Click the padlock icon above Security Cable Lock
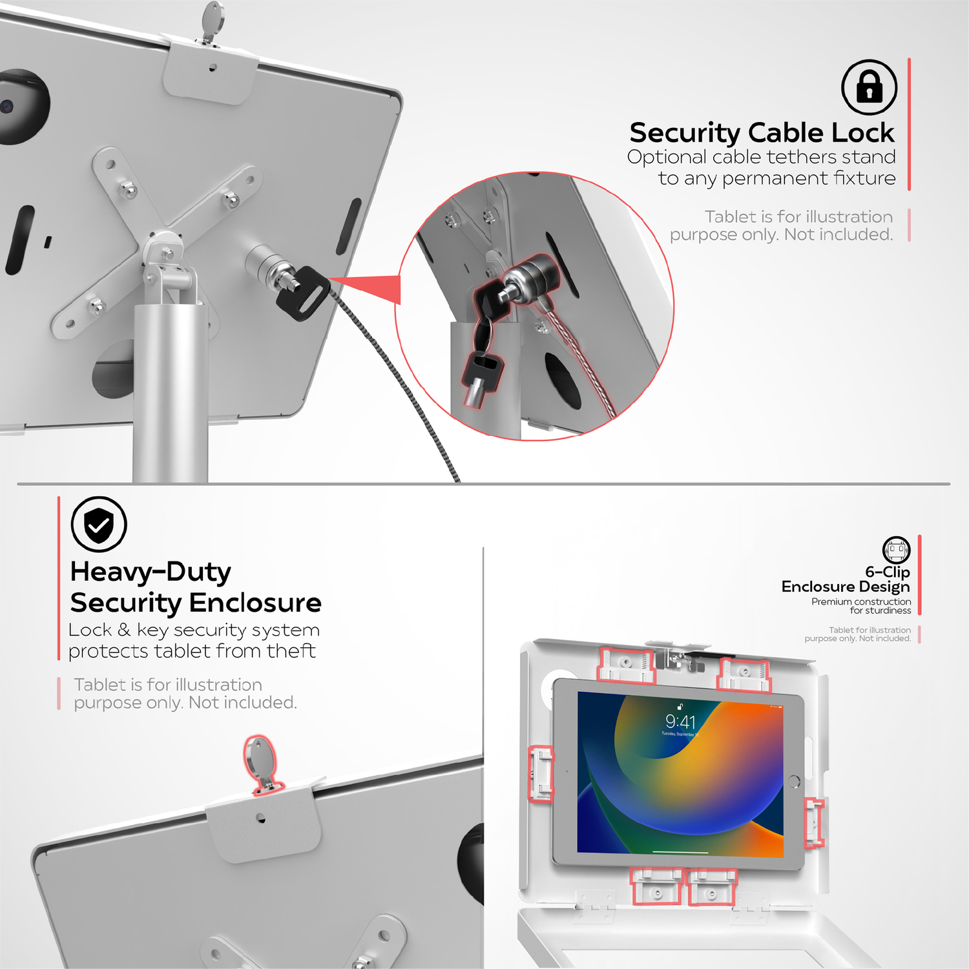coord(869,87)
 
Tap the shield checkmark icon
coord(99,524)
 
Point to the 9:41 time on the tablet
coord(681,722)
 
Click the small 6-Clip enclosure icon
coord(897,550)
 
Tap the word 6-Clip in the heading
coord(888,572)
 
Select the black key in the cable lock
coord(302,293)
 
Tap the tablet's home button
coord(795,782)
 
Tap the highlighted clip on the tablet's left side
coord(541,774)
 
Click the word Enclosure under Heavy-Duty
coord(255,603)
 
